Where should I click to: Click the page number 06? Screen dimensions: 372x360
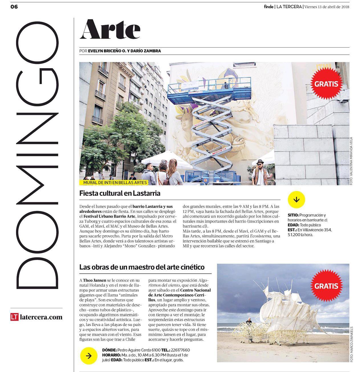(14, 7)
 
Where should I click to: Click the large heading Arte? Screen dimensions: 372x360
(110, 29)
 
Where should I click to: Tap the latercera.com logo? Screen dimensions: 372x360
(36, 317)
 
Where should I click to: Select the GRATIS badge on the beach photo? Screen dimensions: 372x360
(326, 286)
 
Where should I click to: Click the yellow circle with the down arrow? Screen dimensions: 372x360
(296, 199)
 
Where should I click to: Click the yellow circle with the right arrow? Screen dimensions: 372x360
(89, 356)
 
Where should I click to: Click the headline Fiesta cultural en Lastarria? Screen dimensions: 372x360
(120, 193)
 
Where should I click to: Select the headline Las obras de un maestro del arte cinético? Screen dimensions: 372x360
(142, 267)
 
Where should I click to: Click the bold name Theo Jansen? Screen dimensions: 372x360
(94, 280)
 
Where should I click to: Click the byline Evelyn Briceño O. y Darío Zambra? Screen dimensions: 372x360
(124, 51)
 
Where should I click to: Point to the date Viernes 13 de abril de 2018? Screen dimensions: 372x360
(327, 7)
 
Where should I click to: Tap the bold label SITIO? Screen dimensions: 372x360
(293, 215)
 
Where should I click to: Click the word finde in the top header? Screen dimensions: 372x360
(269, 7)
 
